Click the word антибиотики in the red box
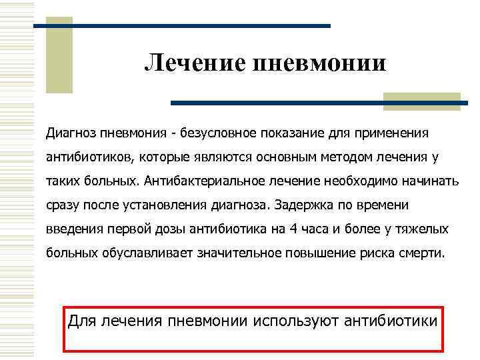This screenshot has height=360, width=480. pyautogui.click(x=391, y=320)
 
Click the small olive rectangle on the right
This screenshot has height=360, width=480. pyautogui.click(x=422, y=101)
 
